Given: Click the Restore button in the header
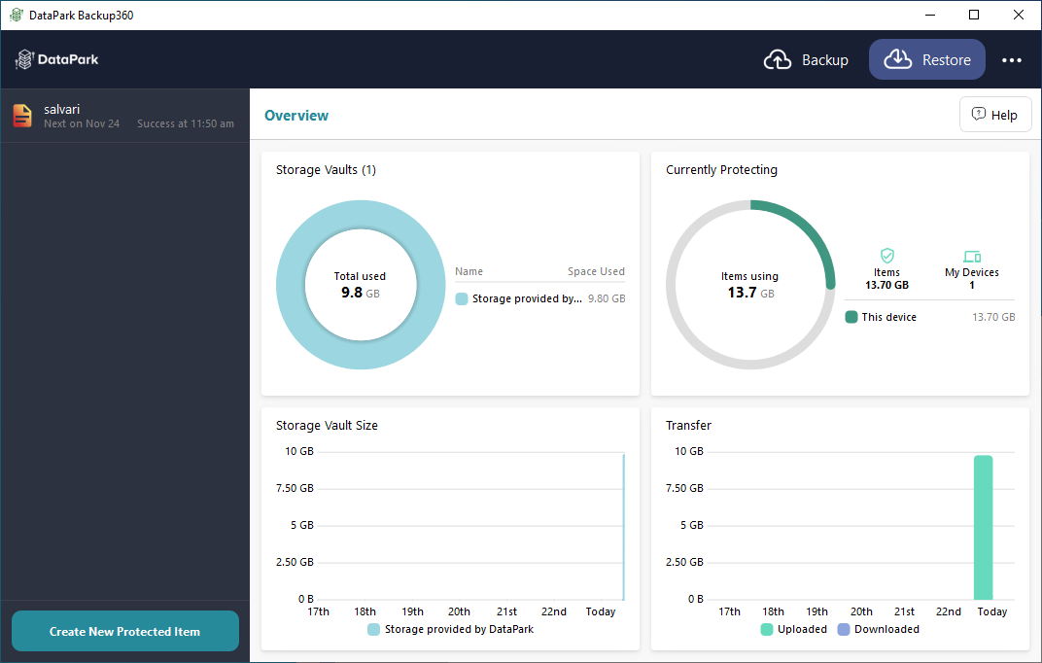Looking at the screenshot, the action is coord(927,60).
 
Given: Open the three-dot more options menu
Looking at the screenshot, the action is coord(1012,60).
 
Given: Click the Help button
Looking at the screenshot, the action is coord(994,115).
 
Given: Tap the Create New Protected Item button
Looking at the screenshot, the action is coord(125,631).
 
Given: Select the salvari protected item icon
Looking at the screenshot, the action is coord(22,116).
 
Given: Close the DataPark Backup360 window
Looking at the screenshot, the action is coord(1018,15).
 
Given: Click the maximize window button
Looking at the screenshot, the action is coord(974,15).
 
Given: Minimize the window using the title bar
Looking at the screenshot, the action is coord(929,15).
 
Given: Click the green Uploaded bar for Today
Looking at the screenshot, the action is coord(983,528).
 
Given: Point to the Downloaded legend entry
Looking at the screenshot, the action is coord(879,629).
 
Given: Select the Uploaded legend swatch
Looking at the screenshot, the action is coord(767,629).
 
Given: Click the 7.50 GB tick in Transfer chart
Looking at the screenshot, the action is coord(684,488).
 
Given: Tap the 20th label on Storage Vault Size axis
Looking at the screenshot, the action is coord(459,611).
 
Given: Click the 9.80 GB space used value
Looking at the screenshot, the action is coord(607,299).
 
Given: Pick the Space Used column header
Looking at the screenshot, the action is coord(596,271).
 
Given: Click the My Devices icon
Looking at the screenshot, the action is coord(972,257).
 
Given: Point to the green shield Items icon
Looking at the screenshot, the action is coord(887,256).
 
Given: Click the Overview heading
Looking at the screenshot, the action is coord(296,116).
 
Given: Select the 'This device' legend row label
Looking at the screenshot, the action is coord(888,318).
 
